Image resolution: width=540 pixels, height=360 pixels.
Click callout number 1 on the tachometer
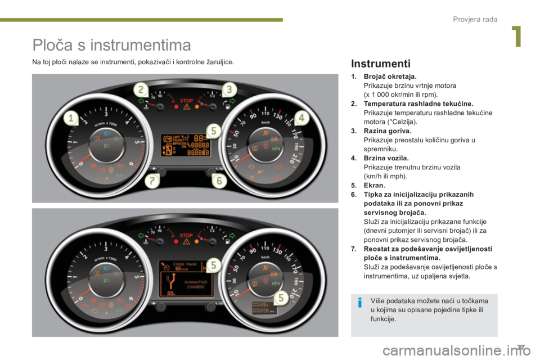coord(71,118)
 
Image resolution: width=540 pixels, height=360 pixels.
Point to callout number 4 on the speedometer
coord(300,118)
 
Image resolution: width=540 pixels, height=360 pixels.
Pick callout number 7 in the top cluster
coord(151,181)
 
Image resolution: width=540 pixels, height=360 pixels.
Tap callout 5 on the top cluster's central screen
coord(213,131)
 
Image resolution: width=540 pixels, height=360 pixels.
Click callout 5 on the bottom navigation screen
coord(213,264)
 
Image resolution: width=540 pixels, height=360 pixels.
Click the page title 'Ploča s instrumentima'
coord(112,44)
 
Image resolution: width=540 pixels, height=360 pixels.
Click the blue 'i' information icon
coord(359,304)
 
